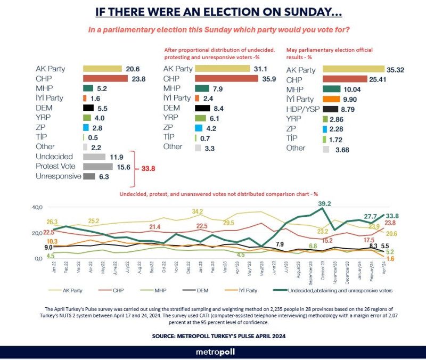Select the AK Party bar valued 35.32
pos(353,69)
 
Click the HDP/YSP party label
pos(302,109)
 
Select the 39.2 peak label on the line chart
pos(325,203)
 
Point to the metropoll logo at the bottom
pos(213,351)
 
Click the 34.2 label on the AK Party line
pos(198,212)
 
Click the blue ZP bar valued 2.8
pos(85,127)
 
